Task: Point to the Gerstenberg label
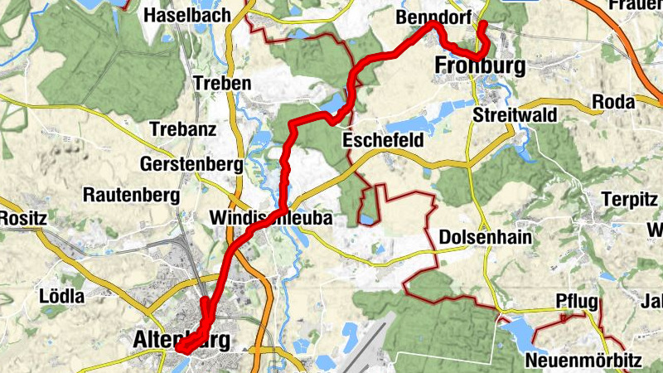192,164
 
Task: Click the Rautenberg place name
132,196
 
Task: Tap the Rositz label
22,218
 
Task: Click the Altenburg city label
181,339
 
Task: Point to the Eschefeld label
383,142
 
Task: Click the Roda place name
613,102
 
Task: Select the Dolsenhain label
485,237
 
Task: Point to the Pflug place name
577,301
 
